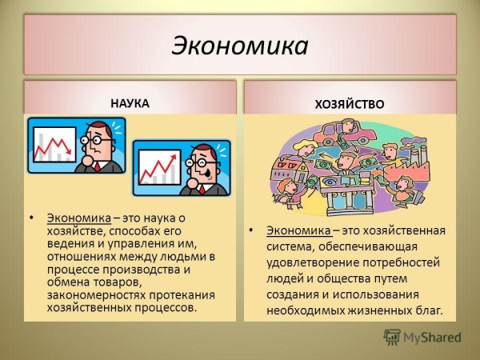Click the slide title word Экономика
(x=239, y=46)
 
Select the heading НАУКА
(x=129, y=102)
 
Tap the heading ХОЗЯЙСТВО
(x=350, y=104)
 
